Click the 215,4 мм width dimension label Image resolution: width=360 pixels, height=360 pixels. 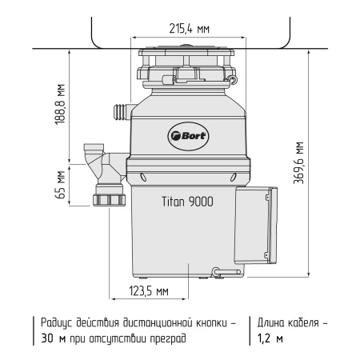pos(191,29)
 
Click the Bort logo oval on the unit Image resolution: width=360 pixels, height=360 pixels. pos(188,135)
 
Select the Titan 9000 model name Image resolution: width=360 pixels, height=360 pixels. pos(185,203)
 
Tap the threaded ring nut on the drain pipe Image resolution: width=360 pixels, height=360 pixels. pos(106,198)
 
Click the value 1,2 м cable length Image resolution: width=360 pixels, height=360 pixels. pos(269,338)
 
